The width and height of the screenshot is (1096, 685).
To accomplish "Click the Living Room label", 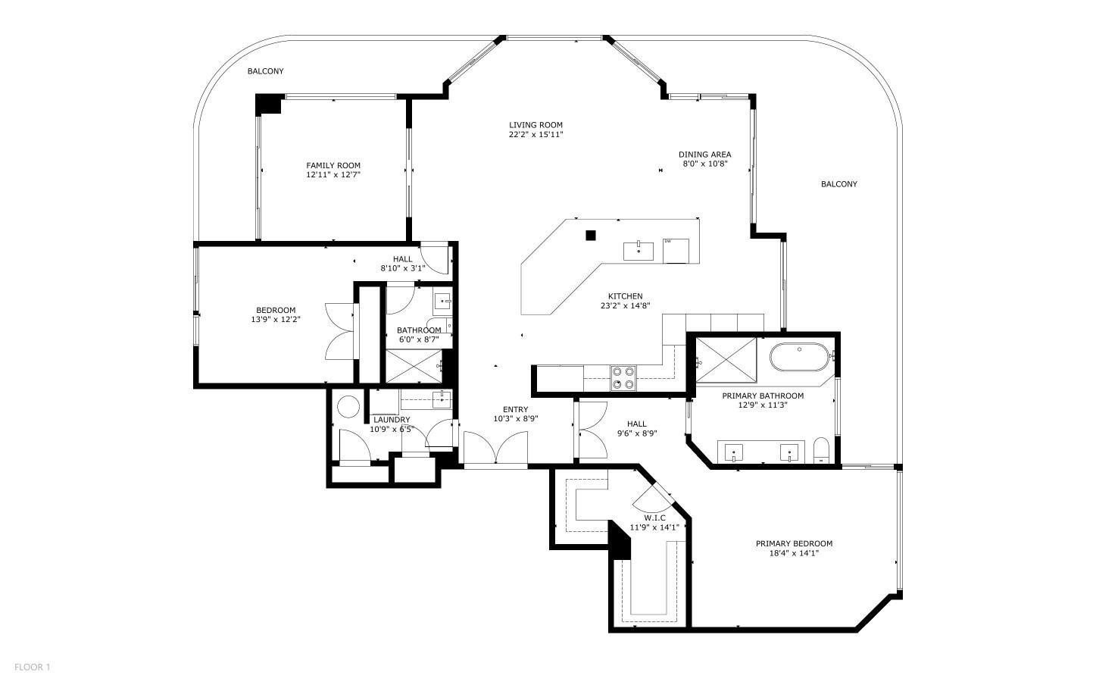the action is click(536, 125).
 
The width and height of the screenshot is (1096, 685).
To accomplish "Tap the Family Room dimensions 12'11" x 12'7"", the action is click(333, 175).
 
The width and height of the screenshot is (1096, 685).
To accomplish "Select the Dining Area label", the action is click(704, 155).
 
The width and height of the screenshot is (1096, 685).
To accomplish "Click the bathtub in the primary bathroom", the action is click(800, 357).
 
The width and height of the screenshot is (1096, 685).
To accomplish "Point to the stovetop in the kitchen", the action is click(623, 378).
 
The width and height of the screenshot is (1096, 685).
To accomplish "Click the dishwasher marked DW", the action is click(676, 251).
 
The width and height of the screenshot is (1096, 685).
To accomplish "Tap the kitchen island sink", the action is click(638, 251).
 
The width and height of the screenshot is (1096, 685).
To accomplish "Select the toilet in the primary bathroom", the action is click(820, 450).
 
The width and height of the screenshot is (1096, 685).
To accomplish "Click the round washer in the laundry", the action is click(349, 406).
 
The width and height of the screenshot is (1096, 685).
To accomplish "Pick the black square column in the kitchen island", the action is click(591, 236).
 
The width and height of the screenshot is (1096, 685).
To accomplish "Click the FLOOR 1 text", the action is click(33, 667).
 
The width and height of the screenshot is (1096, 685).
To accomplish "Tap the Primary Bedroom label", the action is click(794, 543).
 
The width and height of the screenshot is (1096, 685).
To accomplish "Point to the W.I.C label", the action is click(654, 518).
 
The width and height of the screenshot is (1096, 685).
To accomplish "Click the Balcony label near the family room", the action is click(265, 71).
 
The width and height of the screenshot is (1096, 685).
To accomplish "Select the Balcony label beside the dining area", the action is click(839, 184).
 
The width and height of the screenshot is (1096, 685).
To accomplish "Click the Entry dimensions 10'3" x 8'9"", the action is click(516, 418).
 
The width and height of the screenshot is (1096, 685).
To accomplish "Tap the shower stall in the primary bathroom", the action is click(726, 360).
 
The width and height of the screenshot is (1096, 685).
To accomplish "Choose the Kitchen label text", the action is click(626, 296).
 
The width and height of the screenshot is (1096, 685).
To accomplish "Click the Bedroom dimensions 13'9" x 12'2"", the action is click(276, 319).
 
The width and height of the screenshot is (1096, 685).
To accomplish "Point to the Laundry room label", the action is click(392, 420).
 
